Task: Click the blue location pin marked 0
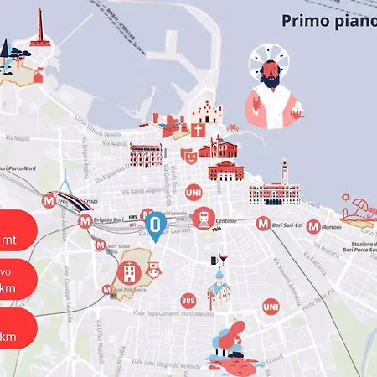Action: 155,224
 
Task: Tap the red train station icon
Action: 203,218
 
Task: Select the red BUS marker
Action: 188,300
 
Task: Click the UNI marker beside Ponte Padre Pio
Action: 271,307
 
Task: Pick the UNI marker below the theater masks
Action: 193,192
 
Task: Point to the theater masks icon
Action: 188,155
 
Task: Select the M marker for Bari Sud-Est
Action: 263,225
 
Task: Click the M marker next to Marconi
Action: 312,226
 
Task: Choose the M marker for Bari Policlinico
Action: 107,290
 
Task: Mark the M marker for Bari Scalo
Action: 101,247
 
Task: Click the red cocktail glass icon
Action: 223,259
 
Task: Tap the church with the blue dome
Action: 218,289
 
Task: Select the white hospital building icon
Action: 129,271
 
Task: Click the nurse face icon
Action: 154,271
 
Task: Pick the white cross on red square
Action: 199,131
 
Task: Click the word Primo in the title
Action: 303,21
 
